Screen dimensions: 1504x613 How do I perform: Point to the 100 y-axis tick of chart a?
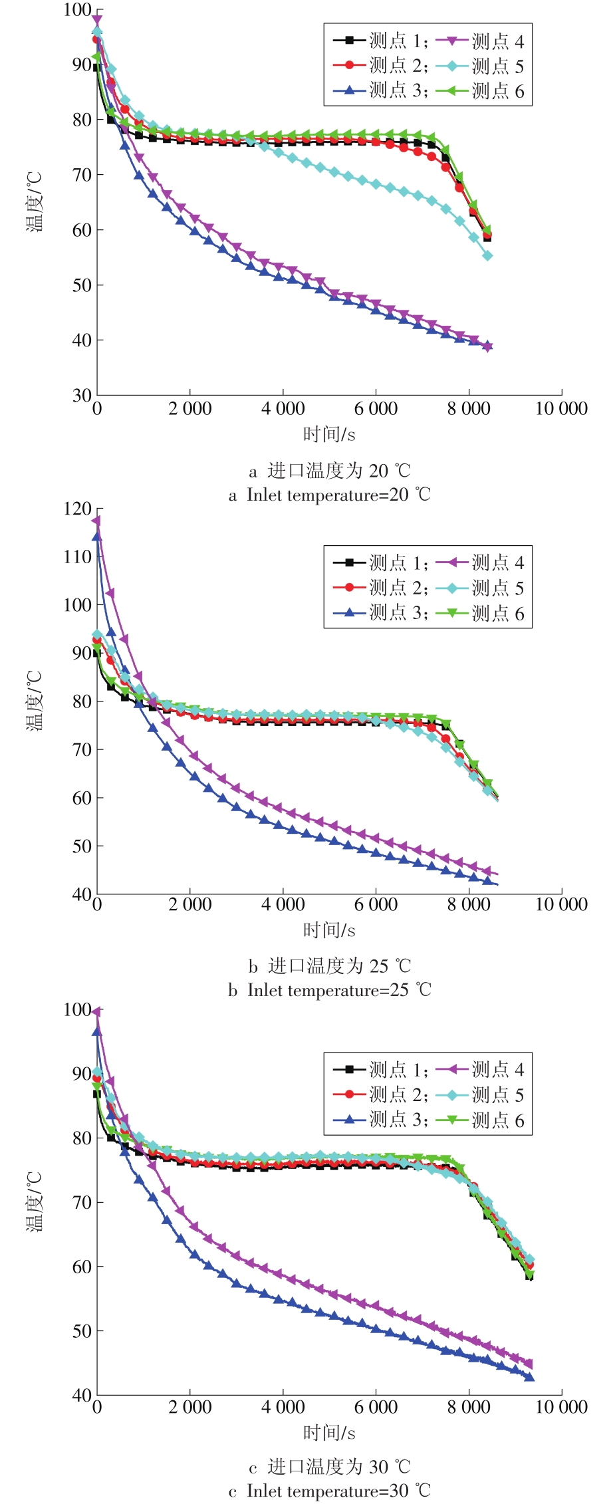pos(77,10)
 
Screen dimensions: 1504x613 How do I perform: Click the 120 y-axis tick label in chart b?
pos(77,509)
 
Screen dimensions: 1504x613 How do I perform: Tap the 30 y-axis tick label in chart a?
pos(82,395)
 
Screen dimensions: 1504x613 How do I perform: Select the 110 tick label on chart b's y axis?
pos(77,557)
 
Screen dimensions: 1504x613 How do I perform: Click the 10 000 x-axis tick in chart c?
pos(561,1407)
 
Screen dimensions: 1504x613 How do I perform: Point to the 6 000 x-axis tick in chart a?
pos(376,408)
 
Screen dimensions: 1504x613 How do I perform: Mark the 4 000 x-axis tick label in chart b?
pos(283,904)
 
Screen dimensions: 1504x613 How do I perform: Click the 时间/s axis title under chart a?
pos(329,435)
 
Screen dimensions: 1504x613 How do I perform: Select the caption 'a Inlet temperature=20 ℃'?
pos(329,495)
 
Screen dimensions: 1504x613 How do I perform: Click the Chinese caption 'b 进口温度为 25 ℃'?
pos(329,965)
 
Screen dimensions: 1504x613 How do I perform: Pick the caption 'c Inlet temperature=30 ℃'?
pos(329,1491)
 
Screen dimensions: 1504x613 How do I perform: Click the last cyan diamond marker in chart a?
pos(487,256)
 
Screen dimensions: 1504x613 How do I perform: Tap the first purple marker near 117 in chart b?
pos(97,521)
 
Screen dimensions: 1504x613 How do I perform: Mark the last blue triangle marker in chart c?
pos(529,1377)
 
